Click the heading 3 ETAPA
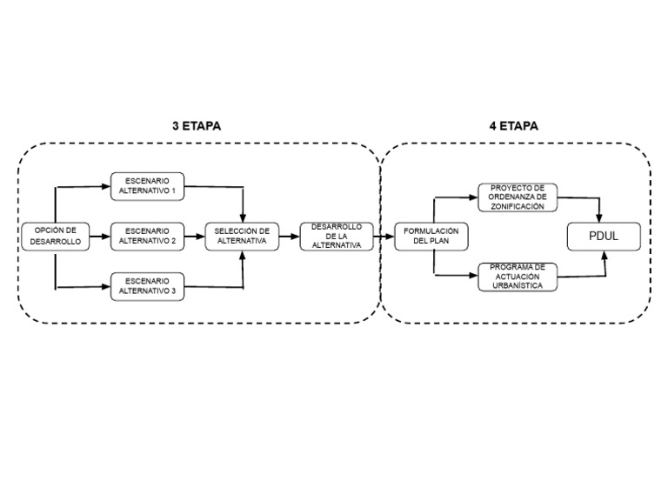click(x=196, y=125)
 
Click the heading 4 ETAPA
click(x=513, y=125)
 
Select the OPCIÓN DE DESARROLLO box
click(x=54, y=236)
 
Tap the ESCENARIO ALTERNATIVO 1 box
click(x=148, y=185)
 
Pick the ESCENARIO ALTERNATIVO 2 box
click(x=148, y=236)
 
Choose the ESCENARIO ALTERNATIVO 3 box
click(x=148, y=286)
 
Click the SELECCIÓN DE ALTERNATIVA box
click(x=242, y=236)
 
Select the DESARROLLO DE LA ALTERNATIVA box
click(x=336, y=236)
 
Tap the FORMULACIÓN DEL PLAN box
click(x=431, y=236)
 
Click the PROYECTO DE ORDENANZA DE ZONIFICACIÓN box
click(x=518, y=197)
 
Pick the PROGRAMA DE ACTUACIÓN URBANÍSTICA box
click(x=518, y=276)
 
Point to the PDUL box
click(x=604, y=236)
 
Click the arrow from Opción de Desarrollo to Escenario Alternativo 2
click(x=99, y=236)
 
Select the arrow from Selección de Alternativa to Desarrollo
click(x=289, y=236)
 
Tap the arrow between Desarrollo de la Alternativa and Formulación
click(x=384, y=236)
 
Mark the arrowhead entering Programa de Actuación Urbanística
click(x=473, y=276)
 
